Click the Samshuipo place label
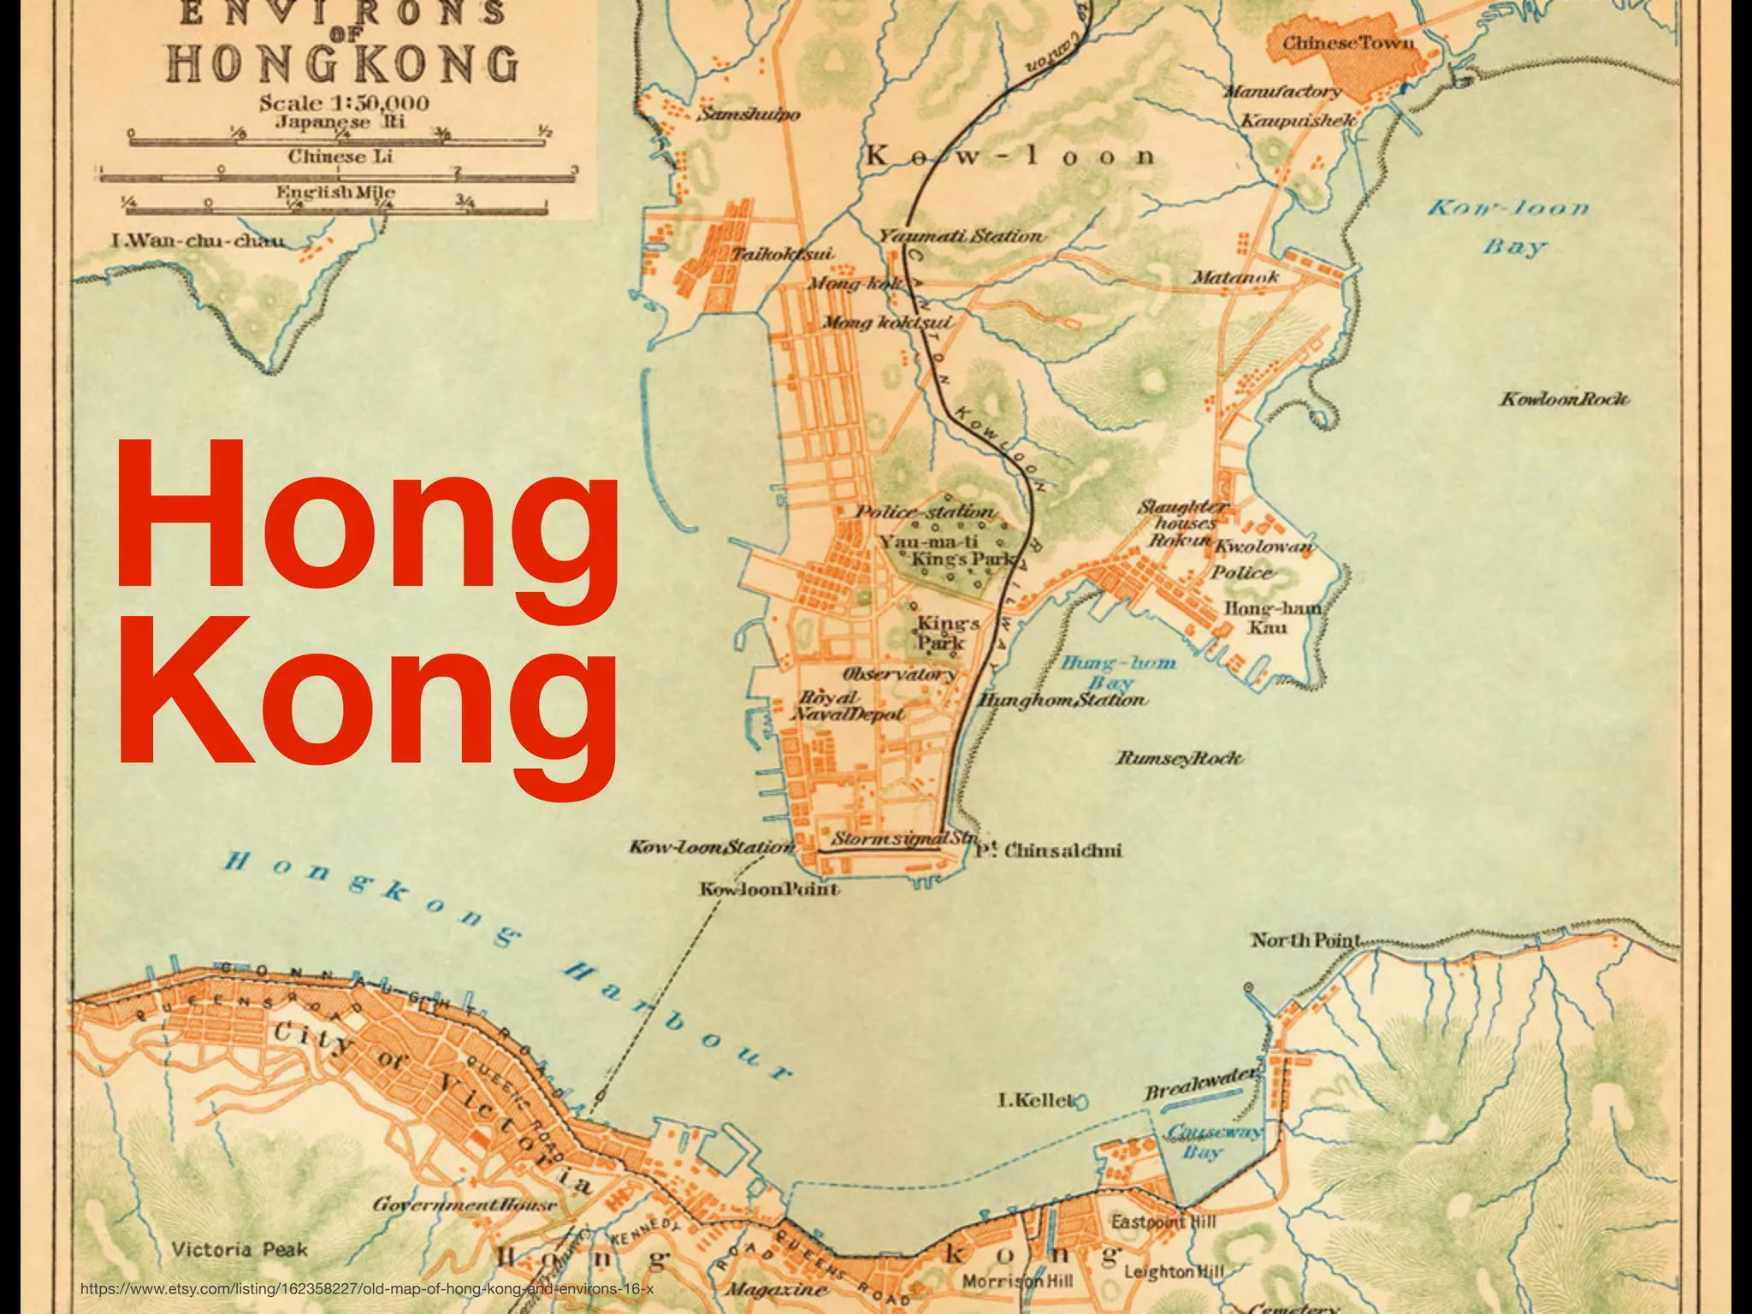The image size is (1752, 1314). click(x=749, y=115)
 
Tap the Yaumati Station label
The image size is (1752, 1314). click(x=961, y=235)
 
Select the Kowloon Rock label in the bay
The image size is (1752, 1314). click(x=1564, y=400)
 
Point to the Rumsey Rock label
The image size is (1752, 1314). click(x=1179, y=758)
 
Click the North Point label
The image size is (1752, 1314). click(x=1305, y=940)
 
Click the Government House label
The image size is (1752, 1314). click(x=465, y=1204)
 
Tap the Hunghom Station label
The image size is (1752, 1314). click(x=1062, y=700)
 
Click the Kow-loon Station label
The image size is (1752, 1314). click(x=712, y=847)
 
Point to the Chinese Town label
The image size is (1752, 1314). click(x=1347, y=43)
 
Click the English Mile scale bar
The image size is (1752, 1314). click(x=338, y=209)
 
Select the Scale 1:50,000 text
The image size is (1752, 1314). click(x=344, y=104)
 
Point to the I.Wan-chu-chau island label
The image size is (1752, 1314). click(x=198, y=240)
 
